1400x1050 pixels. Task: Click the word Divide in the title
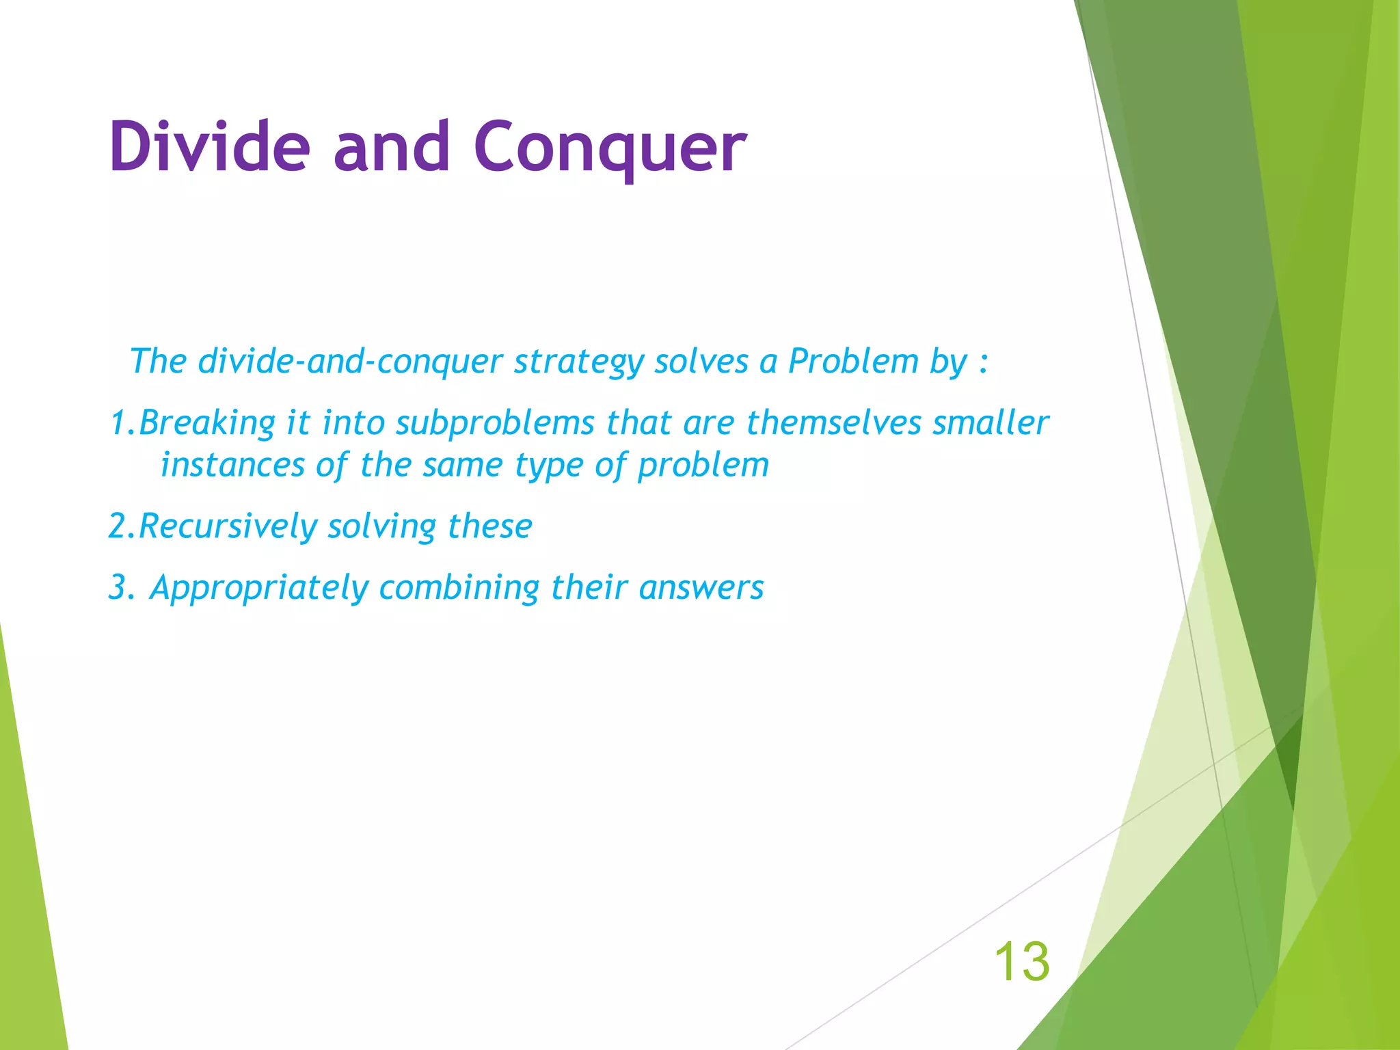pyautogui.click(x=209, y=147)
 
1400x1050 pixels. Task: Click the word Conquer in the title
pyautogui.click(x=610, y=148)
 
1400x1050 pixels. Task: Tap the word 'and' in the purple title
pyautogui.click(x=391, y=147)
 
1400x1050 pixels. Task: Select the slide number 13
pyautogui.click(x=1021, y=961)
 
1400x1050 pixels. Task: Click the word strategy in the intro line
pyautogui.click(x=578, y=362)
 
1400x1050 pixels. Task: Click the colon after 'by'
pyautogui.click(x=983, y=363)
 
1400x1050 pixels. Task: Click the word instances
pyautogui.click(x=232, y=466)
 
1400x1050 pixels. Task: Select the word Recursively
pyautogui.click(x=228, y=526)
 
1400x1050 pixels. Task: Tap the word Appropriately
pyautogui.click(x=258, y=588)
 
